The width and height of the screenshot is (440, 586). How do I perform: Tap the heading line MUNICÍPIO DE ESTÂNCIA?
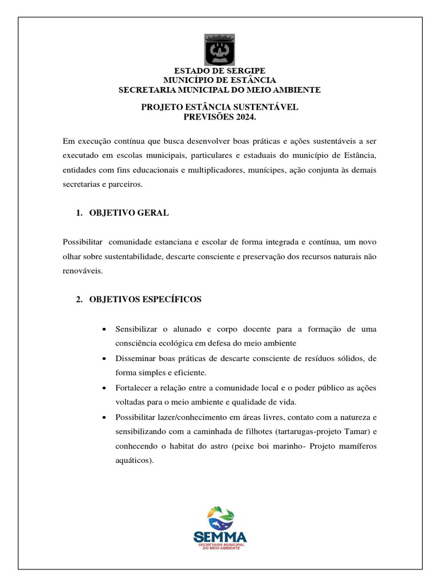click(219, 80)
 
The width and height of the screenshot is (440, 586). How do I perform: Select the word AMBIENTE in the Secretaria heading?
click(293, 90)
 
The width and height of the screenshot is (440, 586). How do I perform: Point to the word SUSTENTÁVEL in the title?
click(267, 107)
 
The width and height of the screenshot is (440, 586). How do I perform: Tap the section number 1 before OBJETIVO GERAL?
click(78, 213)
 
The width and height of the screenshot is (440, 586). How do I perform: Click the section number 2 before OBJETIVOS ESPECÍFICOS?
click(78, 300)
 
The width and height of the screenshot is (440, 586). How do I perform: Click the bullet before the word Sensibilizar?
click(103, 330)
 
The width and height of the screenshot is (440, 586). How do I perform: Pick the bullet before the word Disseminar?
click(103, 359)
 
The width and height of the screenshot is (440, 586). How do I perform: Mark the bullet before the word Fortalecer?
click(103, 387)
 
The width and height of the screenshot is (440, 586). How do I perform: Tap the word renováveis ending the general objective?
click(82, 271)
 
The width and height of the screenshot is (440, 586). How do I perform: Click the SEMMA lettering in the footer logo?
click(220, 537)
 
